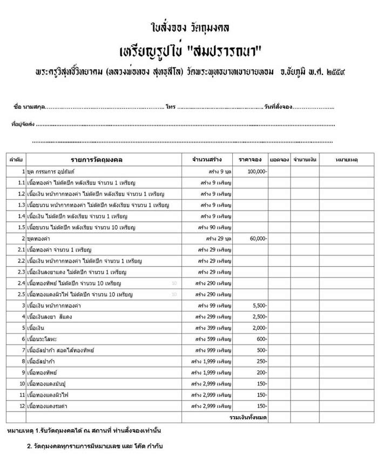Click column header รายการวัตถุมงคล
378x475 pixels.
coord(97,160)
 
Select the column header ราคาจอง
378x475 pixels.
coord(251,160)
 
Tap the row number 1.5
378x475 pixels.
coord(21,227)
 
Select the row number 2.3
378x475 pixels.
coord(21,272)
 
